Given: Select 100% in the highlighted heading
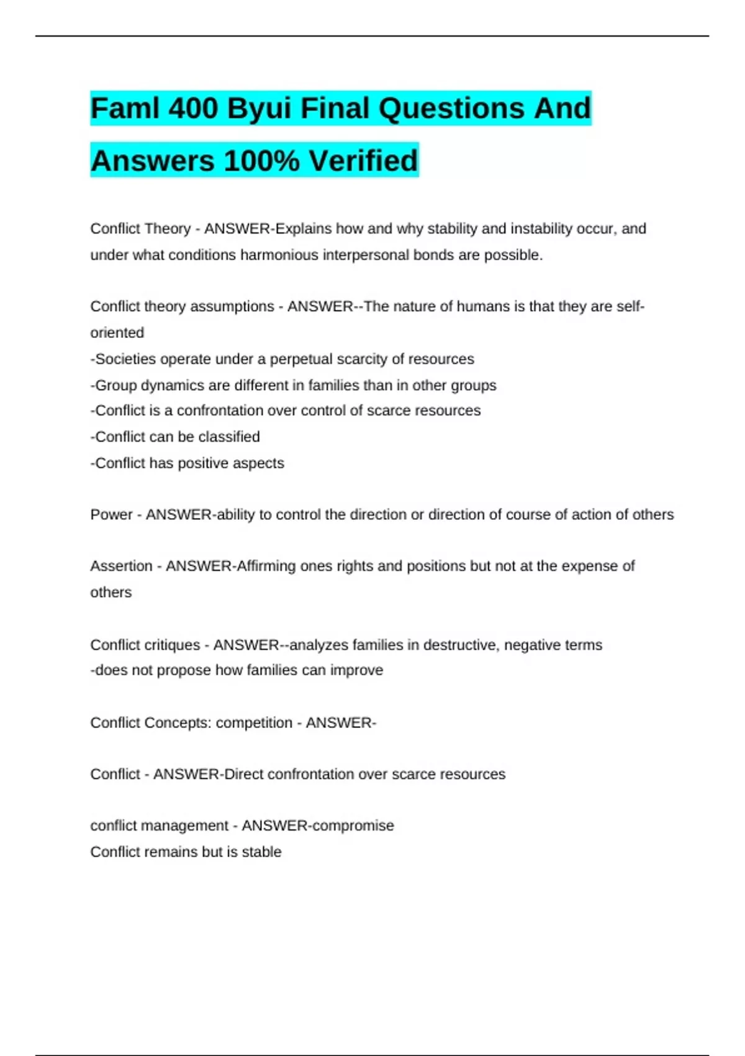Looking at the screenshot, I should tap(261, 161).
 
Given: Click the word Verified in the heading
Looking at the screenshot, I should tap(364, 161).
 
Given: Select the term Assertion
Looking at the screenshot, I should tap(121, 566).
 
